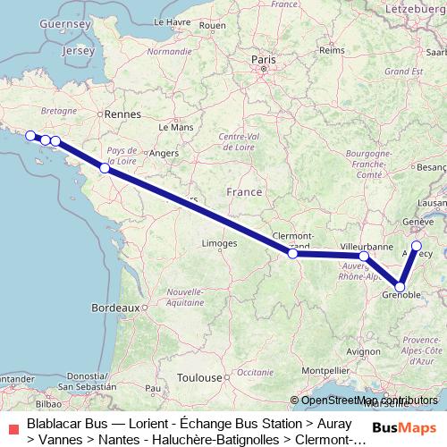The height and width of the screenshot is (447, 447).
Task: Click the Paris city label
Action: (263, 61)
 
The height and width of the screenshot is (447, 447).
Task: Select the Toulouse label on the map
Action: (198, 378)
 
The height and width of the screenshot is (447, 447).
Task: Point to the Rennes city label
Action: (119, 114)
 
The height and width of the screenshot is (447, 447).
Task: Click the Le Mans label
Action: (176, 128)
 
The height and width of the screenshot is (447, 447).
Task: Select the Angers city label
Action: (164, 153)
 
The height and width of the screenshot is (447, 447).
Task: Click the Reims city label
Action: (331, 51)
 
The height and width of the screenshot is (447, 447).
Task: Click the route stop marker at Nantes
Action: (105, 168)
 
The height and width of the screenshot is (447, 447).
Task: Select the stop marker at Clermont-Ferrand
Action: (292, 254)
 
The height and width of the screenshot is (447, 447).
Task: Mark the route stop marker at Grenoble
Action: (400, 287)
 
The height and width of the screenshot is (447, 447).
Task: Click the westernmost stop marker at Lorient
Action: (30, 136)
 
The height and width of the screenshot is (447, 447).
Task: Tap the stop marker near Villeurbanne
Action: (364, 257)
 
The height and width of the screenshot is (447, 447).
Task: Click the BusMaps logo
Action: (404, 426)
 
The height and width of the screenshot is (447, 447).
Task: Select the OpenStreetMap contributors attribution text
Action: (369, 401)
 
